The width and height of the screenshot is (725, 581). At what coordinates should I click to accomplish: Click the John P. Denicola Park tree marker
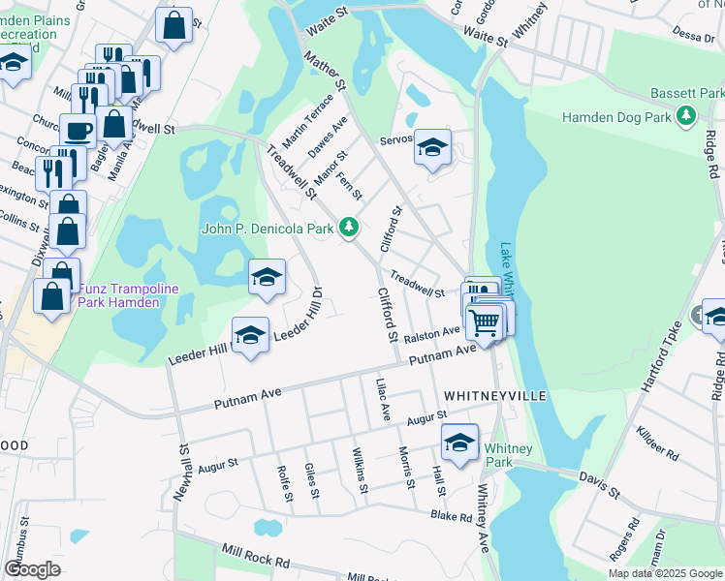[x=349, y=229]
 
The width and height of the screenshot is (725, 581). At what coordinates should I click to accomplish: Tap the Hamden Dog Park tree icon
[x=687, y=117]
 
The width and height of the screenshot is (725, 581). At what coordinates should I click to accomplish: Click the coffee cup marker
[x=78, y=130]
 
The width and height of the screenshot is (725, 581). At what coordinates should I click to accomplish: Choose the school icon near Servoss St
[x=433, y=147]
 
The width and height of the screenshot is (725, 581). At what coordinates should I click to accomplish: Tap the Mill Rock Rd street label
[x=256, y=556]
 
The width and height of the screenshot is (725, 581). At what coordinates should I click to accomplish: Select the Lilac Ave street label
[x=384, y=399]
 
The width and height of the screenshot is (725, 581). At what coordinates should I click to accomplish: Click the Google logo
[x=32, y=569]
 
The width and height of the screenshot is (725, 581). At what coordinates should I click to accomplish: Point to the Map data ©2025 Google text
[x=664, y=573]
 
